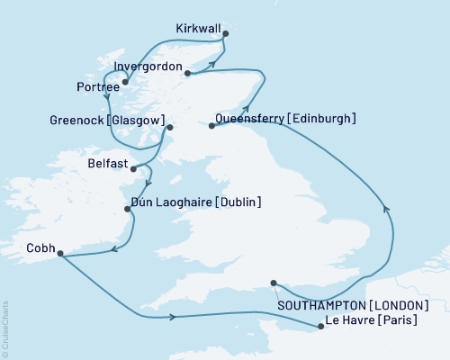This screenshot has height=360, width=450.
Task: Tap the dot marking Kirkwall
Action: click(x=225, y=34)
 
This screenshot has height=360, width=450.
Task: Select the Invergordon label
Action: click(x=148, y=67)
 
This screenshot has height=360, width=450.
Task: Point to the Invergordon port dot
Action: click(x=187, y=73)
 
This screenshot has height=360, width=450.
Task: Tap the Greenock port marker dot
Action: click(x=167, y=128)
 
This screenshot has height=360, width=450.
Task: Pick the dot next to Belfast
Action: click(x=134, y=168)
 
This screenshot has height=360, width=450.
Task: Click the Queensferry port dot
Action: click(x=212, y=126)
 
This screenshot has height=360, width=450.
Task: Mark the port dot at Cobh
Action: click(x=60, y=254)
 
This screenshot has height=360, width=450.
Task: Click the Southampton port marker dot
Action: click(x=274, y=283)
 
